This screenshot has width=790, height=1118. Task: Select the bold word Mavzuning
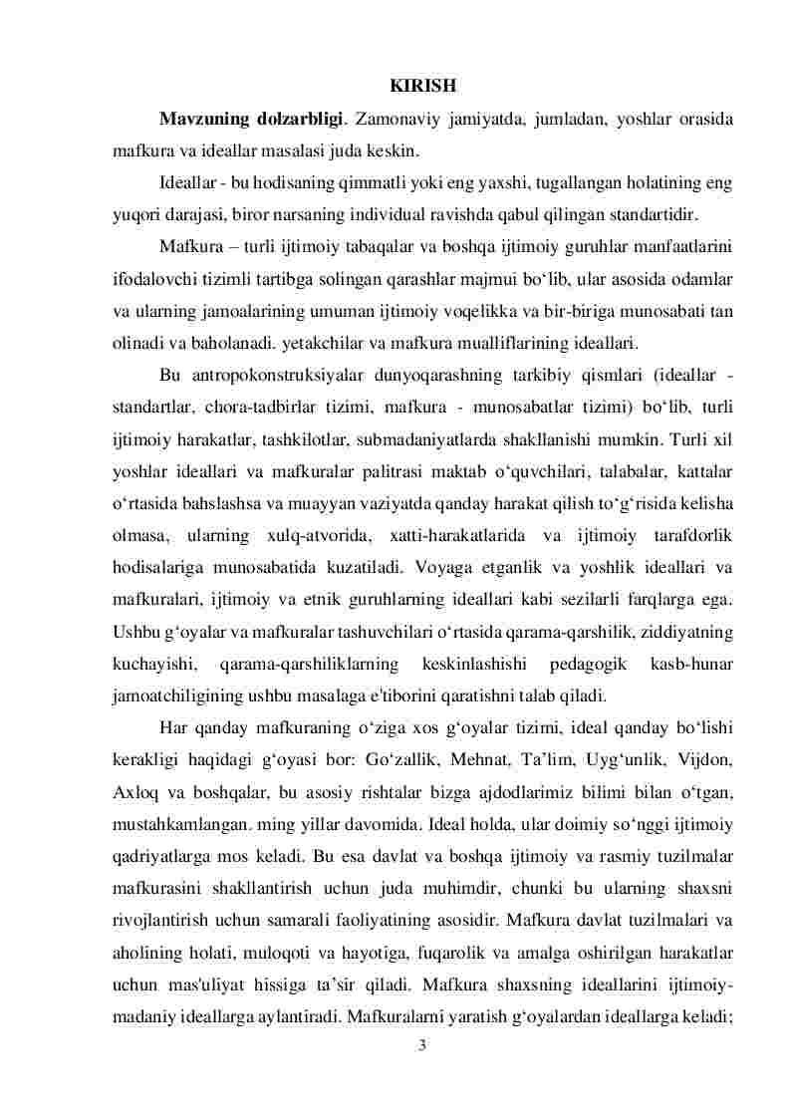(x=205, y=120)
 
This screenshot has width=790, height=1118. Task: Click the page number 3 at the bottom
(x=422, y=1038)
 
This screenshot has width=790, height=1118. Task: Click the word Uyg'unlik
(x=631, y=759)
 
